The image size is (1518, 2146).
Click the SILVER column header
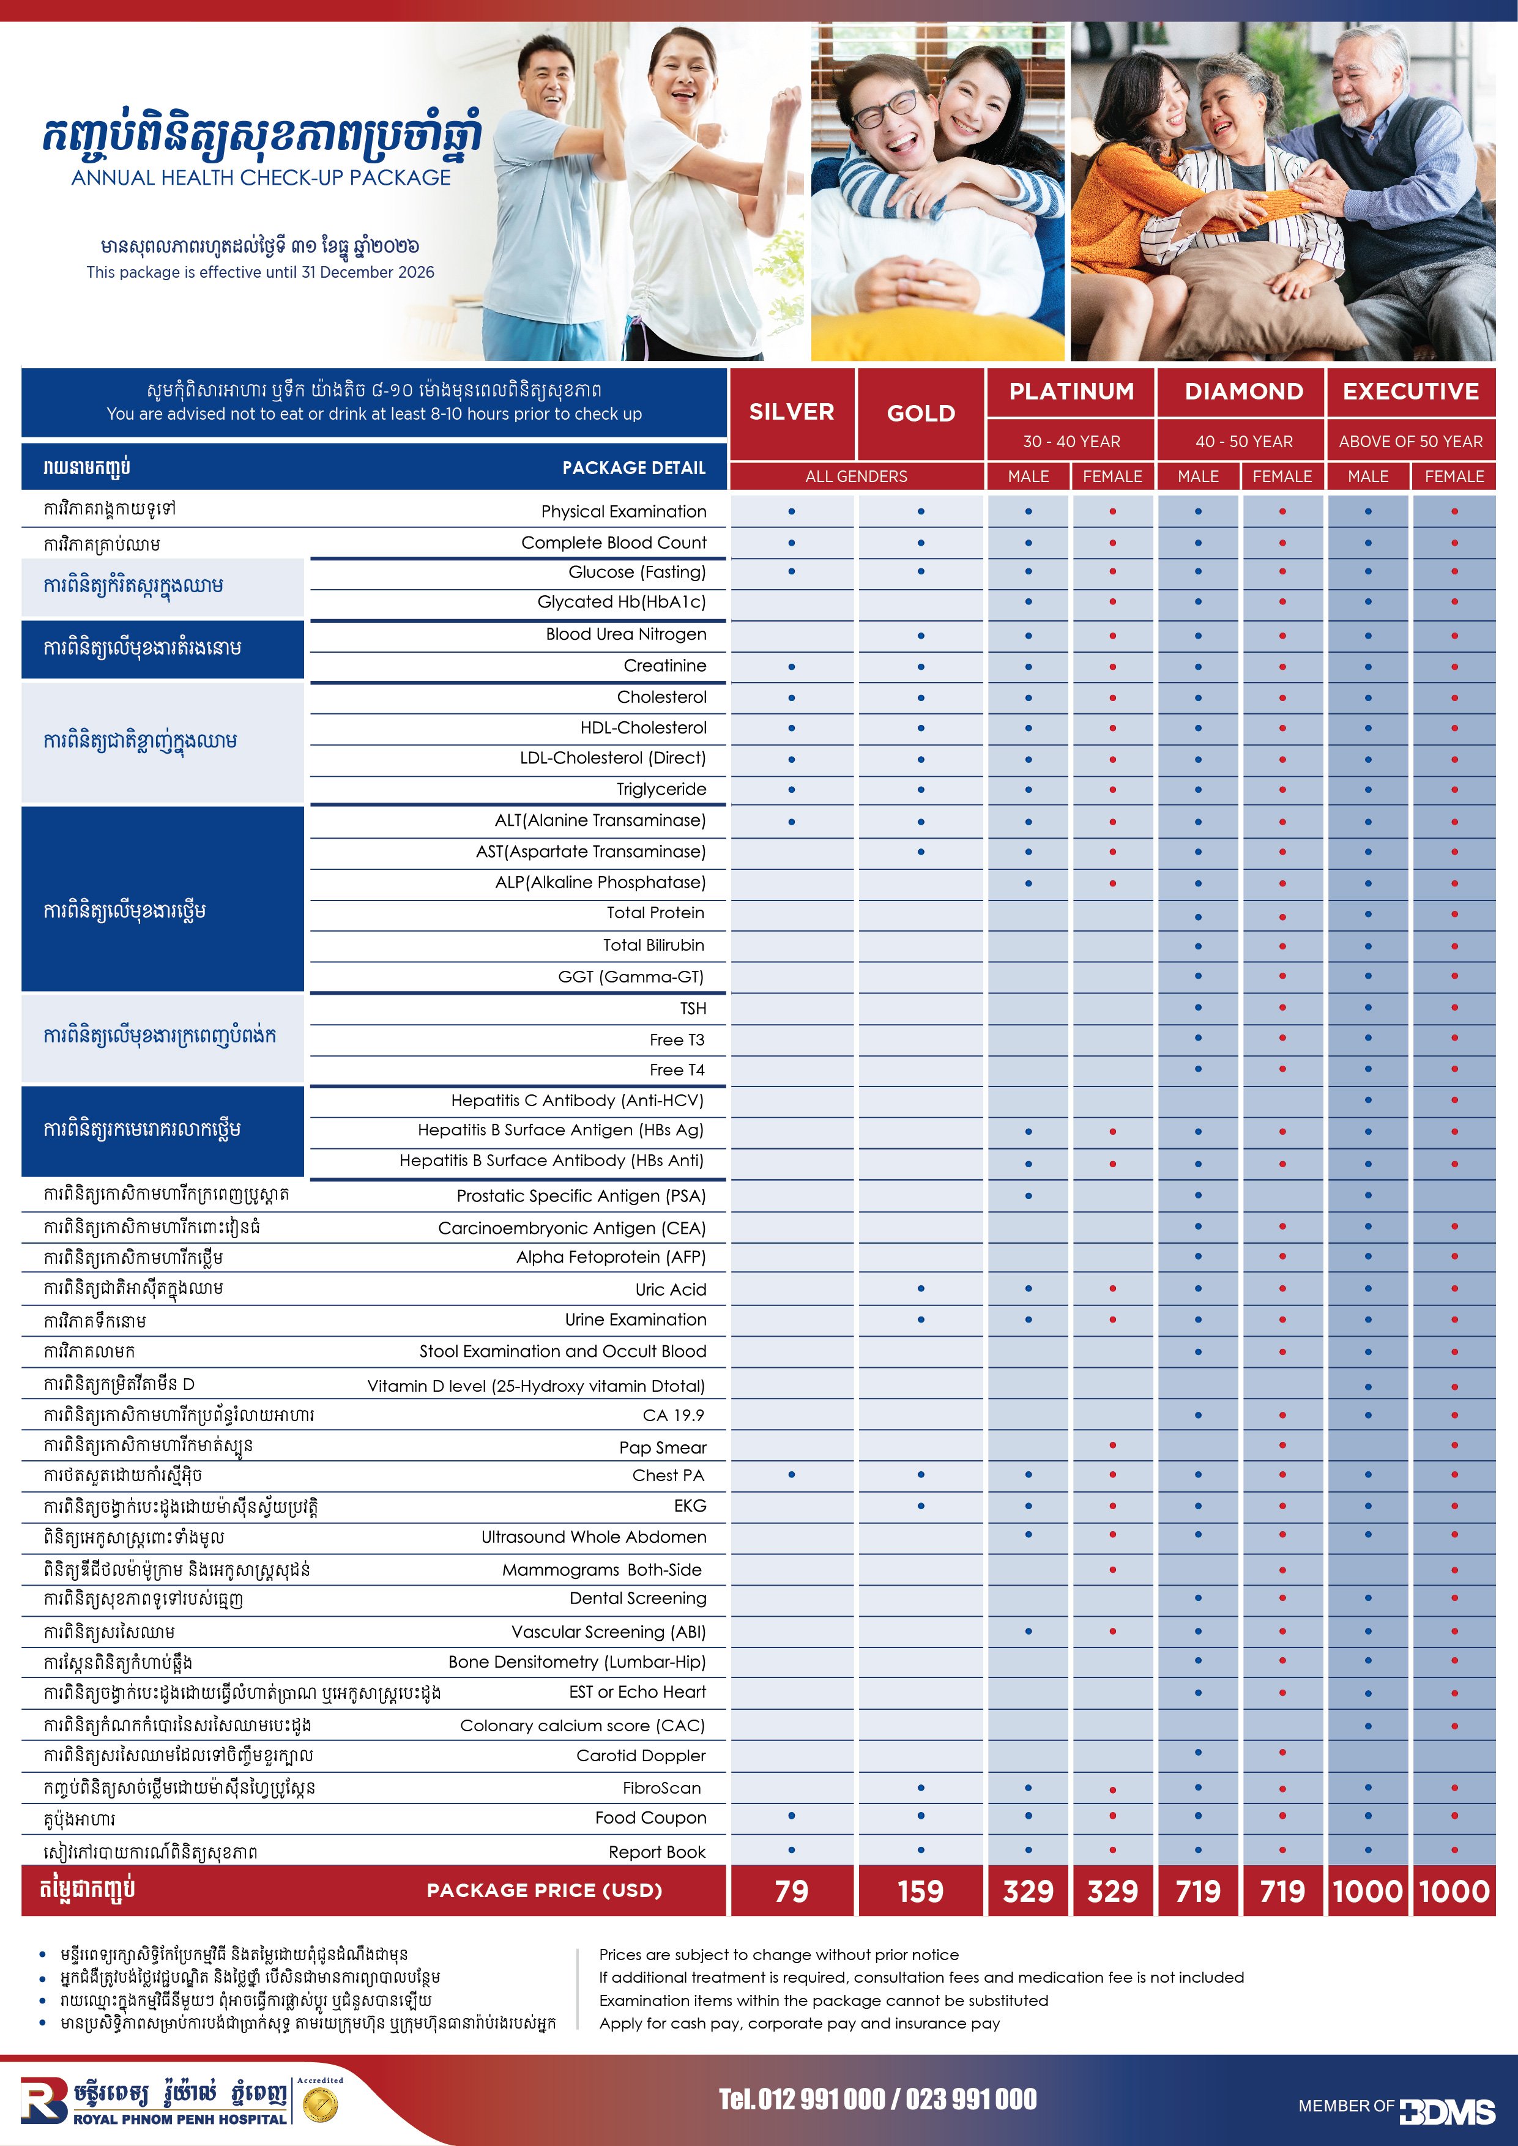pos(791,412)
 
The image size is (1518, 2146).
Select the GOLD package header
pos(921,413)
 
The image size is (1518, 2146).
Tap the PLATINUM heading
pos(1071,392)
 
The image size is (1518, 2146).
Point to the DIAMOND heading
pos(1243,392)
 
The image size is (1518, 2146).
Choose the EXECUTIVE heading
pos(1410,392)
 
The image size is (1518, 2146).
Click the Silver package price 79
pos(791,1892)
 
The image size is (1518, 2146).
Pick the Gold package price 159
pos(921,1892)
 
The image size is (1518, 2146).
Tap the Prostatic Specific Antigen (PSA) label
pos(581,1195)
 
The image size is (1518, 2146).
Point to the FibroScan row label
pos(662,1787)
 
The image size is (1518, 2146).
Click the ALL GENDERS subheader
pos(856,477)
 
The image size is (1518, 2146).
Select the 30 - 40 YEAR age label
pos(1071,441)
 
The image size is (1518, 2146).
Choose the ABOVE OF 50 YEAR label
pos(1410,441)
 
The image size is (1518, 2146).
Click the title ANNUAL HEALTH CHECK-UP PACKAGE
pos(261,177)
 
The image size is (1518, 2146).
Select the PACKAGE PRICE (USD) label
pos(544,1890)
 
